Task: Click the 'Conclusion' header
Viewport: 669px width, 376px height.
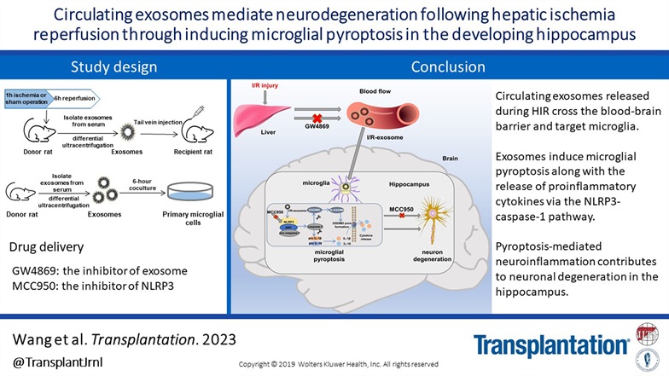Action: tap(448, 67)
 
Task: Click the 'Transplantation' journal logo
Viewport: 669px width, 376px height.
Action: tap(551, 345)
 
